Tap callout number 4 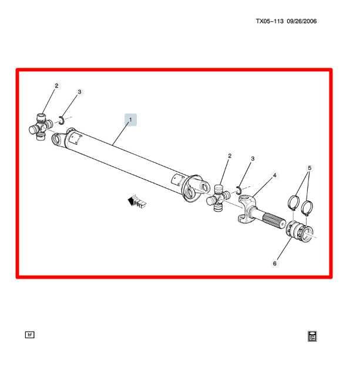click(274, 175)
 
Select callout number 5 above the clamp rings click(309, 168)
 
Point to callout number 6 click(274, 264)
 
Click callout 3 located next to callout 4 click(253, 159)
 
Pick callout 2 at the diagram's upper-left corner click(57, 86)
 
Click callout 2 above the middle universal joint click(230, 156)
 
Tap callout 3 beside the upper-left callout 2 click(80, 92)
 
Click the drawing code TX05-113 click(270, 22)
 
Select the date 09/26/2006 click(302, 22)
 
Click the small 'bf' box click(30, 335)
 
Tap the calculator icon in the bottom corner click(312, 336)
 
